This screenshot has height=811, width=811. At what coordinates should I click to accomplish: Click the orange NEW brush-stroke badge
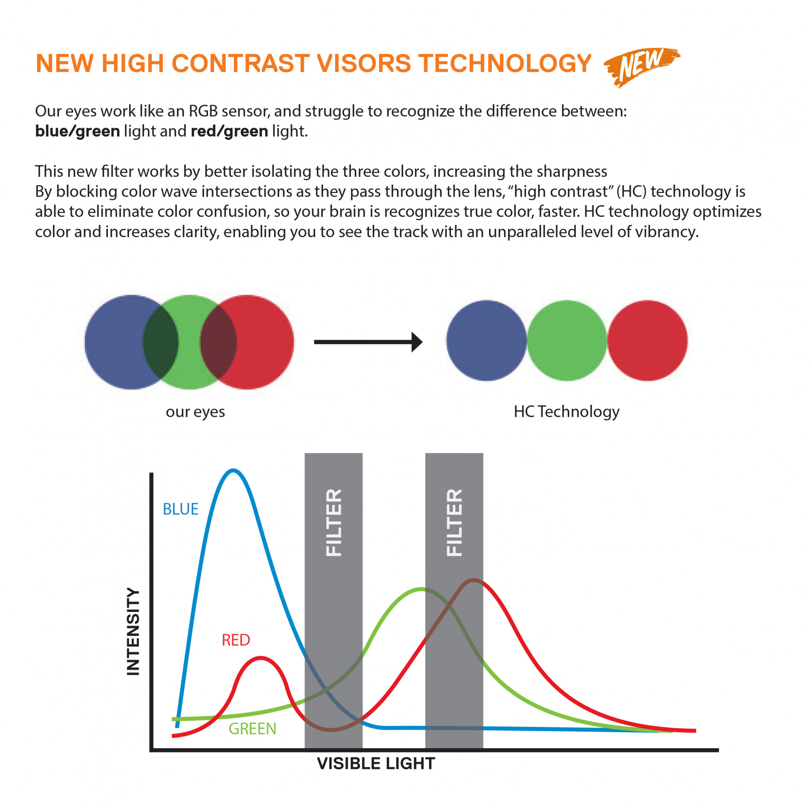tap(642, 67)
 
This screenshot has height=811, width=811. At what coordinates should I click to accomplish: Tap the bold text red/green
tap(229, 131)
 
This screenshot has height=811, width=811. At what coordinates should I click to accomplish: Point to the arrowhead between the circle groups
tap(417, 342)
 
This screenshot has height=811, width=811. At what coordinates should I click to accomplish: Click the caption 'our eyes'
tap(195, 412)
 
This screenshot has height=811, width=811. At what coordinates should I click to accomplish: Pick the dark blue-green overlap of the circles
tap(161, 342)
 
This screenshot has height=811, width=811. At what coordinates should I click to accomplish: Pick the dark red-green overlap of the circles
tap(218, 342)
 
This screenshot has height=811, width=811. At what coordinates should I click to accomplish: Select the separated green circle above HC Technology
tap(567, 341)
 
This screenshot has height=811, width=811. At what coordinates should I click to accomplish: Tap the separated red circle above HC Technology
tap(647, 341)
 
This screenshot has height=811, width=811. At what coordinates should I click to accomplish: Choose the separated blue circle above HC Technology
tap(486, 341)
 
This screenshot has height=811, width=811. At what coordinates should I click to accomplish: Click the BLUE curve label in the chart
tap(180, 509)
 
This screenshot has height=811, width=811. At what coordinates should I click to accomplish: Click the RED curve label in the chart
tap(236, 640)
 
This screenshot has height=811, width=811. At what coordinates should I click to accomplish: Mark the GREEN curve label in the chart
tap(252, 729)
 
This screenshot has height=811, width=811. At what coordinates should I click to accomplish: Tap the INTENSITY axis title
tap(133, 631)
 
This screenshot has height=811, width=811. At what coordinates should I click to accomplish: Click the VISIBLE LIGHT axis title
tap(376, 764)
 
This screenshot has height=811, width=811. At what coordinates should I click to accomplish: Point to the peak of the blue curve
tap(233, 470)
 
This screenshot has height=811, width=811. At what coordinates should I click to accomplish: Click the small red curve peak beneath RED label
tap(261, 658)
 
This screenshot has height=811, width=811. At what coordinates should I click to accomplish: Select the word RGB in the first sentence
tap(203, 111)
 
